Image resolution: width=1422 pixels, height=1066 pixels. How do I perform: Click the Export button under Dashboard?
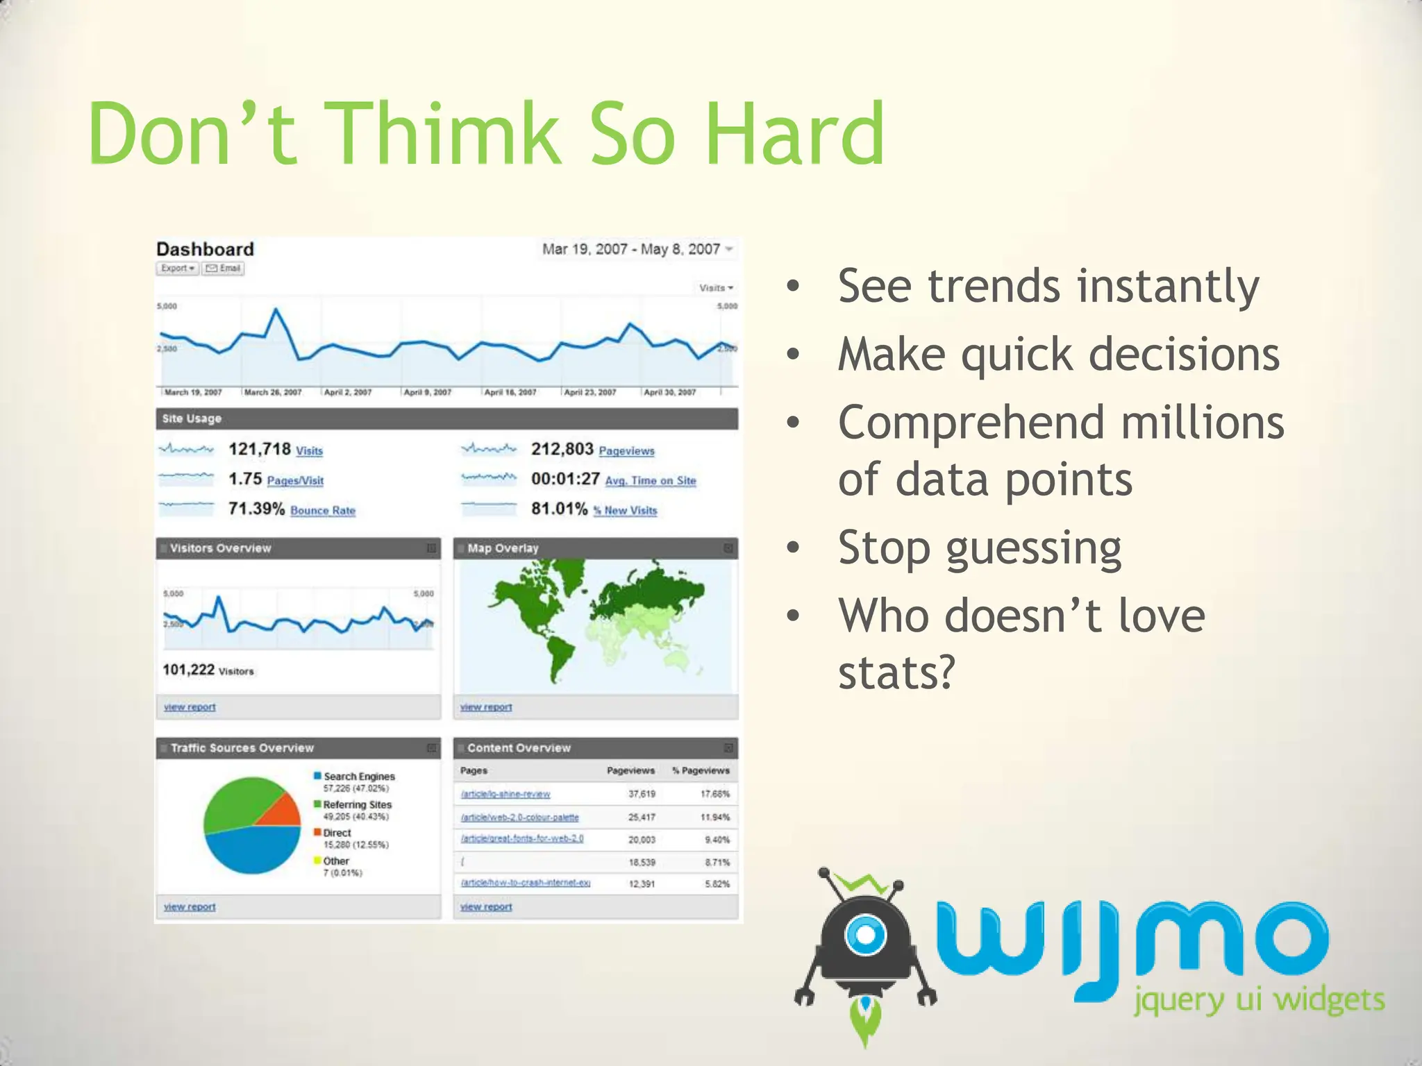tap(177, 269)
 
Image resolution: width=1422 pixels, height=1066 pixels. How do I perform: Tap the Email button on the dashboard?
tap(223, 269)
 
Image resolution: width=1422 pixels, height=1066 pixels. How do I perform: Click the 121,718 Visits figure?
tap(260, 449)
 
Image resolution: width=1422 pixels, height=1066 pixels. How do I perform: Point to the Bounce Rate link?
tap(322, 511)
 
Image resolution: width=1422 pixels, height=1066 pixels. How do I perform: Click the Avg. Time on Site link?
tap(650, 480)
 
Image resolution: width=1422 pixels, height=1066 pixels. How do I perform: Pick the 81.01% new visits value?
tap(559, 509)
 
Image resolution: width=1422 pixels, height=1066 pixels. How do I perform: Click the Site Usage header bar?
tap(446, 418)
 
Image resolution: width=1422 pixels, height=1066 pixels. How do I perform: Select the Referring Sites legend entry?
tap(357, 805)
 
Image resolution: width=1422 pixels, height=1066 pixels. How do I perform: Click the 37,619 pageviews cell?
tap(642, 794)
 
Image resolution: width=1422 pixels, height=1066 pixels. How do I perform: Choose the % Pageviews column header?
tap(701, 770)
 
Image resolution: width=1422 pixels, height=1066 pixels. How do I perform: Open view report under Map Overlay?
tap(485, 707)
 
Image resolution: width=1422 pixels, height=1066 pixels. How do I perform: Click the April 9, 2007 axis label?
tap(427, 393)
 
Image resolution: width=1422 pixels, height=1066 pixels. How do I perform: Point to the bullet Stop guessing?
tap(979, 548)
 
